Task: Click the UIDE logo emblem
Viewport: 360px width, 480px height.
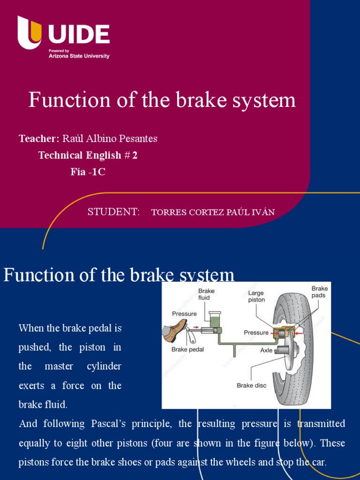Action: click(x=30, y=33)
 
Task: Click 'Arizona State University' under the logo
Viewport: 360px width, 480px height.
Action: click(x=79, y=56)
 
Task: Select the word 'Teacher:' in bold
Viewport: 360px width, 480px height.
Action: click(x=39, y=139)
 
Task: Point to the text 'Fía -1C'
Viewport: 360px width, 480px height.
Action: click(x=88, y=172)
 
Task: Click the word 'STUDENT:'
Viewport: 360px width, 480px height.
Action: click(x=113, y=212)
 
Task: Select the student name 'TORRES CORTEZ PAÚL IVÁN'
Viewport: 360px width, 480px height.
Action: click(x=213, y=212)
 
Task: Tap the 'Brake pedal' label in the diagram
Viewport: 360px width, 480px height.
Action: click(x=187, y=349)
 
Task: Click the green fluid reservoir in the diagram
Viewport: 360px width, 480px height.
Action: click(x=216, y=321)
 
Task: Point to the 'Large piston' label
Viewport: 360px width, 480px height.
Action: click(x=256, y=296)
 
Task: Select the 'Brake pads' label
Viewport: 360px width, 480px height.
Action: click(x=320, y=292)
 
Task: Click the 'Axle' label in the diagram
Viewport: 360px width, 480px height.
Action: click(x=266, y=350)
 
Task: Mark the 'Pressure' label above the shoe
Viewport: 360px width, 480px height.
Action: click(x=184, y=314)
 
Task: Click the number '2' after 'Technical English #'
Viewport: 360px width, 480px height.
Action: click(x=135, y=156)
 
